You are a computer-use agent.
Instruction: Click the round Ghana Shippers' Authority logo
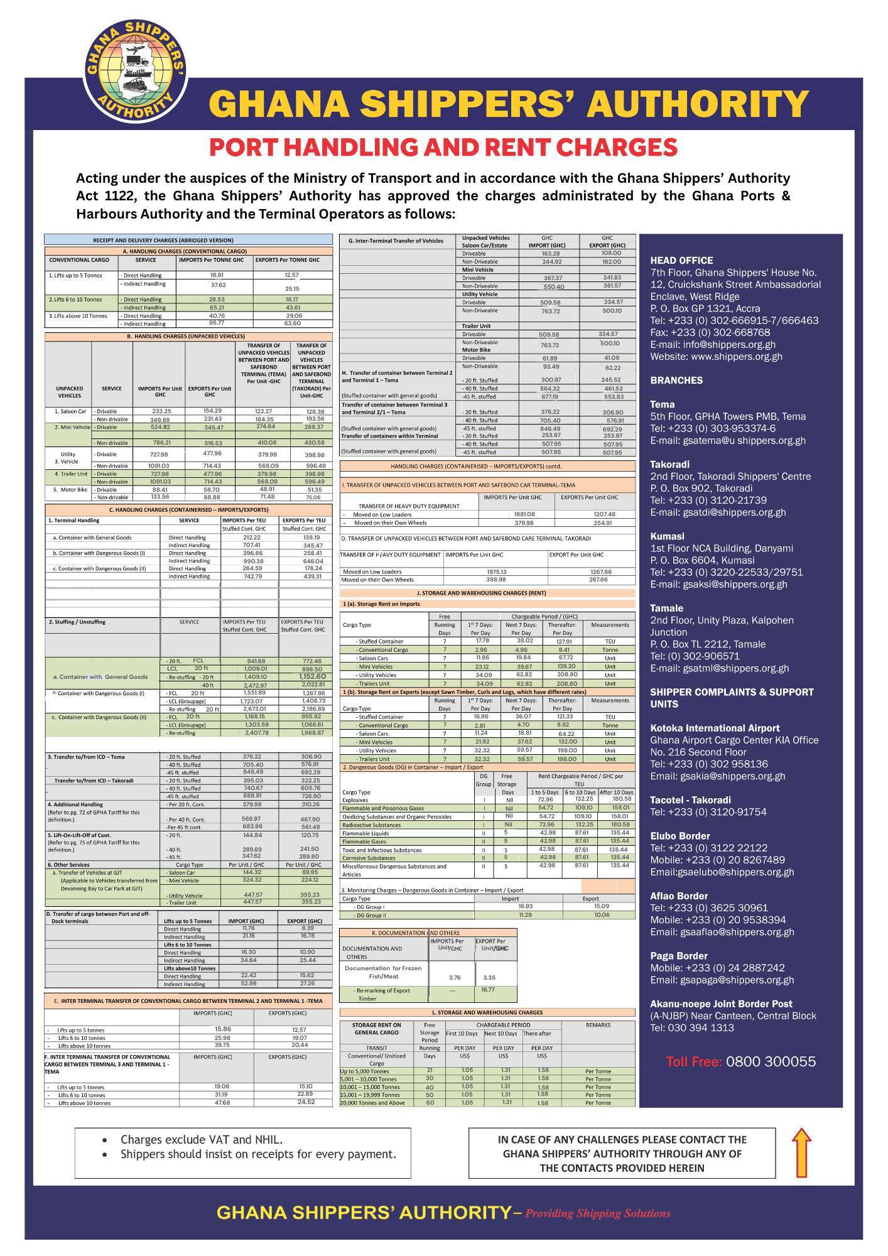coord(136,71)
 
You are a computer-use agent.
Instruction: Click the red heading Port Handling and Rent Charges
coord(443,148)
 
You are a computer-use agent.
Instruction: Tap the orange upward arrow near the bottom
coord(801,1152)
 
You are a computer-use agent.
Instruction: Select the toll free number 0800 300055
coord(771,1062)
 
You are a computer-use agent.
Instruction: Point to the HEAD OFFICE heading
coord(681,261)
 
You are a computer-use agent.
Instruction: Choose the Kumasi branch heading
coord(667,536)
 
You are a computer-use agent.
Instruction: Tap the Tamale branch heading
coord(666,609)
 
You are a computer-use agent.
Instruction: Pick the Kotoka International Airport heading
coord(715,728)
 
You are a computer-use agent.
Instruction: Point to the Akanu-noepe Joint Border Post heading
coord(721,1004)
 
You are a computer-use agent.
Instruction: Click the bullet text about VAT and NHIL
coord(202,1140)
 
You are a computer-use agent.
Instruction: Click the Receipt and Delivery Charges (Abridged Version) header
coord(163,241)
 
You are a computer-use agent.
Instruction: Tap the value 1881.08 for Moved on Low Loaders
coord(524,514)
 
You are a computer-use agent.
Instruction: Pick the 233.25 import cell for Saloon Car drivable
coord(161,411)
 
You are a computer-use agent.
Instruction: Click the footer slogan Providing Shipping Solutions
coord(598,1213)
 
